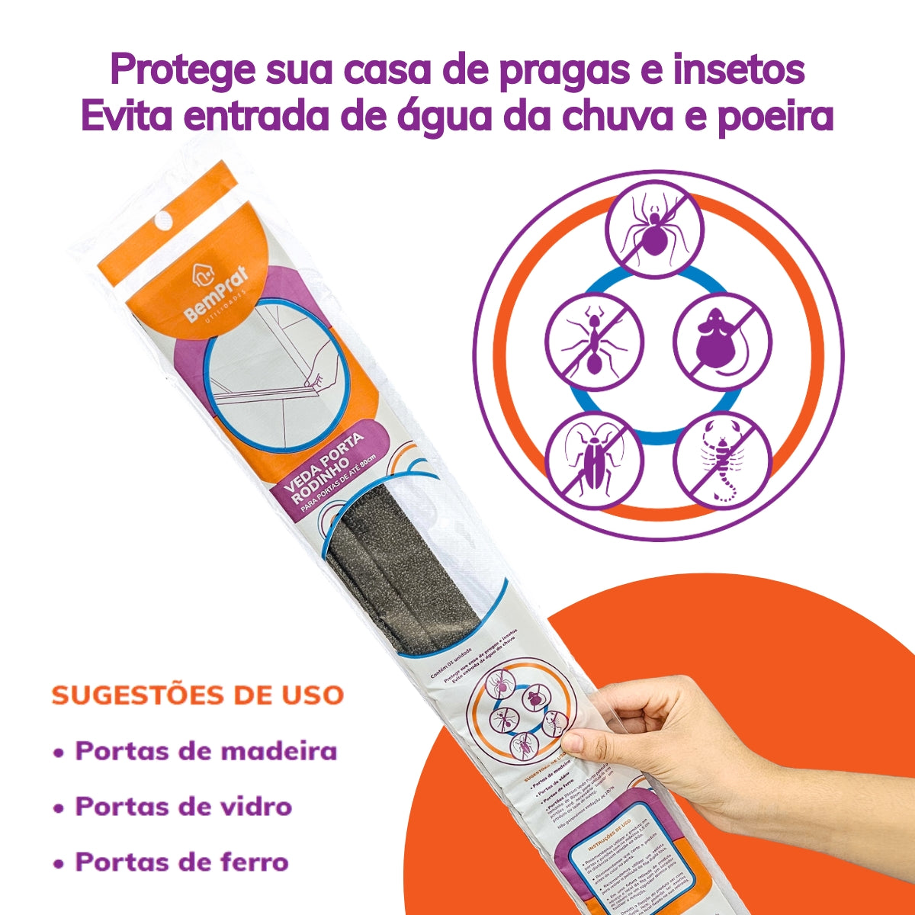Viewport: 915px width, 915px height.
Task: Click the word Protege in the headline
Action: pyautogui.click(x=182, y=71)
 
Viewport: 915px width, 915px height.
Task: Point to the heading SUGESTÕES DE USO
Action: pyautogui.click(x=197, y=695)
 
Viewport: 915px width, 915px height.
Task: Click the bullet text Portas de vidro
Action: pyautogui.click(x=183, y=807)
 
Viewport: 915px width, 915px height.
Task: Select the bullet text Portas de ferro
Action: pyautogui.click(x=181, y=862)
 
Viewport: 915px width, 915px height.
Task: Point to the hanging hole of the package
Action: pyautogui.click(x=161, y=220)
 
